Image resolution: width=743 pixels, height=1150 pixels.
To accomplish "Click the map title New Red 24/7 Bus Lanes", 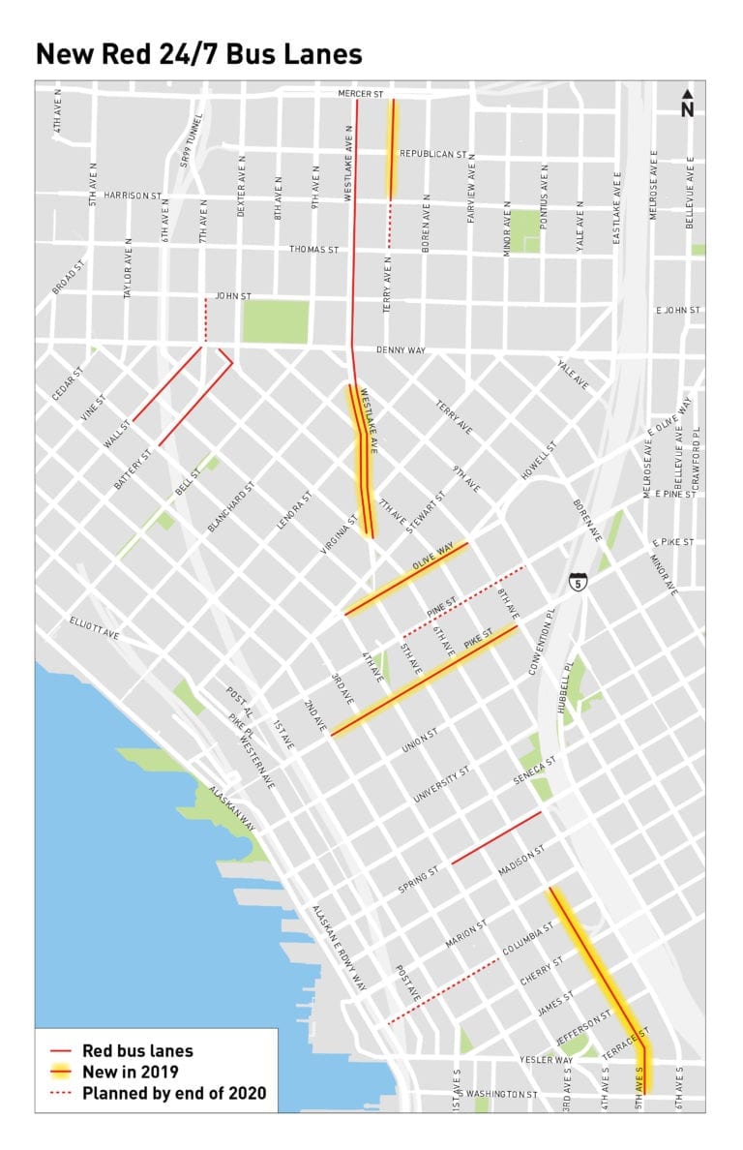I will pos(199,54).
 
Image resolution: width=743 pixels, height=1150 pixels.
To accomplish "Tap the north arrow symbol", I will pos(687,104).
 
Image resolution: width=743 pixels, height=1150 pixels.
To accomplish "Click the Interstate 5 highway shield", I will pos(578,582).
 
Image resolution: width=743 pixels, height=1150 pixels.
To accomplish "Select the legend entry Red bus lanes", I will pos(137,1049).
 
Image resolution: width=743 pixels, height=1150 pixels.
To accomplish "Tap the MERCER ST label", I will pos(362,94).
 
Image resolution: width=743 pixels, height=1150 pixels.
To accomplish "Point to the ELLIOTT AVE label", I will pos(94,625).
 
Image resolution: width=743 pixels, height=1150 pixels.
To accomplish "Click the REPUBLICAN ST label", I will pos(434,154).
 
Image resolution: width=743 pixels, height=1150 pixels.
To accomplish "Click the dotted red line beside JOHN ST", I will pos(205,319).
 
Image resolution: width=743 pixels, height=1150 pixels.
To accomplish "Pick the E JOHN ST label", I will pos(678,311).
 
